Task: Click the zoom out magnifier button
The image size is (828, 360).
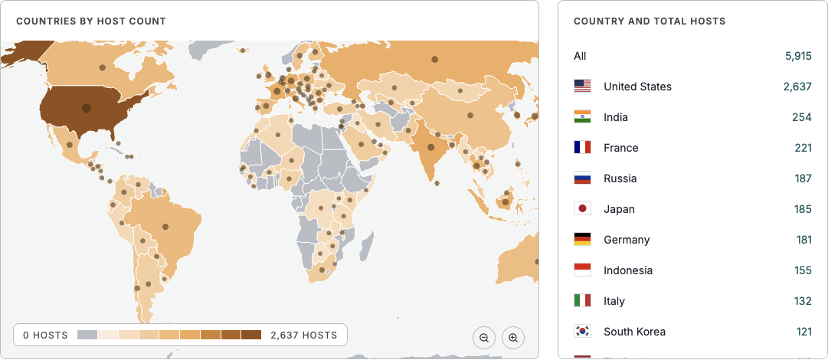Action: pos(484,338)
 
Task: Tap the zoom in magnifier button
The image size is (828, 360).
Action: pos(513,338)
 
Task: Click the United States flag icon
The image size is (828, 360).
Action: pos(582,87)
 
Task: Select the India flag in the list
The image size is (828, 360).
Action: pos(582,117)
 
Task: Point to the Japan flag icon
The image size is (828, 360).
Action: pos(582,209)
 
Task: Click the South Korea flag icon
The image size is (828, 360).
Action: pos(582,332)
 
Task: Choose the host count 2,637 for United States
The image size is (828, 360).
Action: pos(797,87)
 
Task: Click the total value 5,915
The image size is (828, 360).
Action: pos(797,56)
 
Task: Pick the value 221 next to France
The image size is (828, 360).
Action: pos(803,148)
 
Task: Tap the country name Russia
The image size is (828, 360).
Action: pos(620,178)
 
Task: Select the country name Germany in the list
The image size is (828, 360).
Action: pos(627,240)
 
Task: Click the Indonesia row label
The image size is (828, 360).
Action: pos(628,270)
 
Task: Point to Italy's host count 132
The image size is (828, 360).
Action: pos(803,301)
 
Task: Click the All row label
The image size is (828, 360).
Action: pos(580,56)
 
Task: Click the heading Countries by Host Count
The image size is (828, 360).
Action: pos(91,21)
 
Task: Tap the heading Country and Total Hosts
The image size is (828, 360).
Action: pos(650,21)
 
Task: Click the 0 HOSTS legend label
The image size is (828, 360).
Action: pos(45,335)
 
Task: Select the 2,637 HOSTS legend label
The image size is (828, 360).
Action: pos(303,335)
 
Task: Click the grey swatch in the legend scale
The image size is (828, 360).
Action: pos(87,335)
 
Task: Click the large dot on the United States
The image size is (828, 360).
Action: pos(86,109)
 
